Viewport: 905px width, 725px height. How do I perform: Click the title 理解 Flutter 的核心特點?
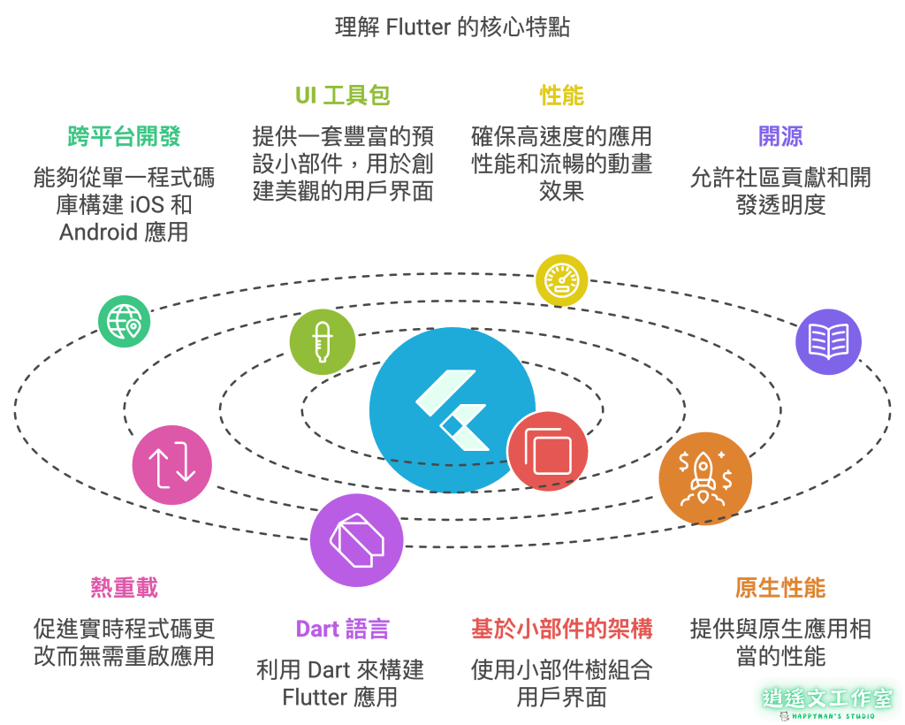pyautogui.click(x=452, y=27)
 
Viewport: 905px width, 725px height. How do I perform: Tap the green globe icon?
pyautogui.click(x=124, y=321)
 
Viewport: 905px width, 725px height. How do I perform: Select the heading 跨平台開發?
pyautogui.click(x=124, y=136)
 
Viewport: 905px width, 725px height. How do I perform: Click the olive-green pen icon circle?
pyautogui.click(x=323, y=342)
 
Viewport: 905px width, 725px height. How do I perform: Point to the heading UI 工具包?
pyautogui.click(x=343, y=95)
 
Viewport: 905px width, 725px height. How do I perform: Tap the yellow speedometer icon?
pyautogui.click(x=561, y=280)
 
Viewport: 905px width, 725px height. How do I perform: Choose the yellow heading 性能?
pyautogui.click(x=562, y=95)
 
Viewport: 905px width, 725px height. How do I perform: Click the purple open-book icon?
pyautogui.click(x=828, y=341)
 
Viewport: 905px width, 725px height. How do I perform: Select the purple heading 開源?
pyautogui.click(x=780, y=136)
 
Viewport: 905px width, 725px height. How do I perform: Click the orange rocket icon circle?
pyautogui.click(x=704, y=478)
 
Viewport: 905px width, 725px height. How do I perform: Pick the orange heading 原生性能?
pyautogui.click(x=780, y=588)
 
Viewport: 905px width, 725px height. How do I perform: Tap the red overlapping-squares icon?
pyautogui.click(x=548, y=451)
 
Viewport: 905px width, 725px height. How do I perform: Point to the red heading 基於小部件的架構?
pyautogui.click(x=562, y=629)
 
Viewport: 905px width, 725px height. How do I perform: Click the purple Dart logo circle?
pyautogui.click(x=356, y=540)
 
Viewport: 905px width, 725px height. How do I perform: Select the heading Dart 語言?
pyautogui.click(x=342, y=629)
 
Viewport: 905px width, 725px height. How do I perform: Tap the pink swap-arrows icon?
pyautogui.click(x=171, y=464)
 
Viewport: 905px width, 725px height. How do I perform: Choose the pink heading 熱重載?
pyautogui.click(x=124, y=588)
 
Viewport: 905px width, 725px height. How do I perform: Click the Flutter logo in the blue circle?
pyautogui.click(x=452, y=409)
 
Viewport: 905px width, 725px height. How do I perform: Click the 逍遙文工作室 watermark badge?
pyautogui.click(x=827, y=698)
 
